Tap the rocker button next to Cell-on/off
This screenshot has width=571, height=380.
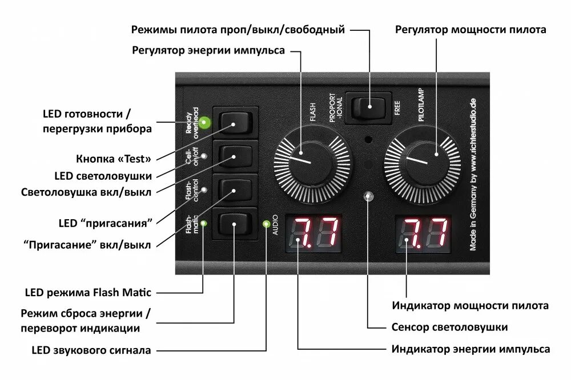(x=234, y=156)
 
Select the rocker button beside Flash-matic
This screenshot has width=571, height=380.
(x=234, y=226)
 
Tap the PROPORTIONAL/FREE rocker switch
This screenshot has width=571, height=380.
(x=369, y=107)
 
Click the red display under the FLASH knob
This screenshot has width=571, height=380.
(x=314, y=235)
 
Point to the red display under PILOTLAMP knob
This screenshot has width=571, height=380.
(x=424, y=235)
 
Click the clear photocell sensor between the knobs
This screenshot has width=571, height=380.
(x=369, y=197)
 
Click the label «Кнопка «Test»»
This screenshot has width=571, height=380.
(x=114, y=159)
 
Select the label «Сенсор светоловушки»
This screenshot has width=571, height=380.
(x=450, y=328)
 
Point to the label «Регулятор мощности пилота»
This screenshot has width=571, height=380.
(x=471, y=30)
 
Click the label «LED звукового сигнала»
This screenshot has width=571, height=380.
(x=91, y=350)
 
